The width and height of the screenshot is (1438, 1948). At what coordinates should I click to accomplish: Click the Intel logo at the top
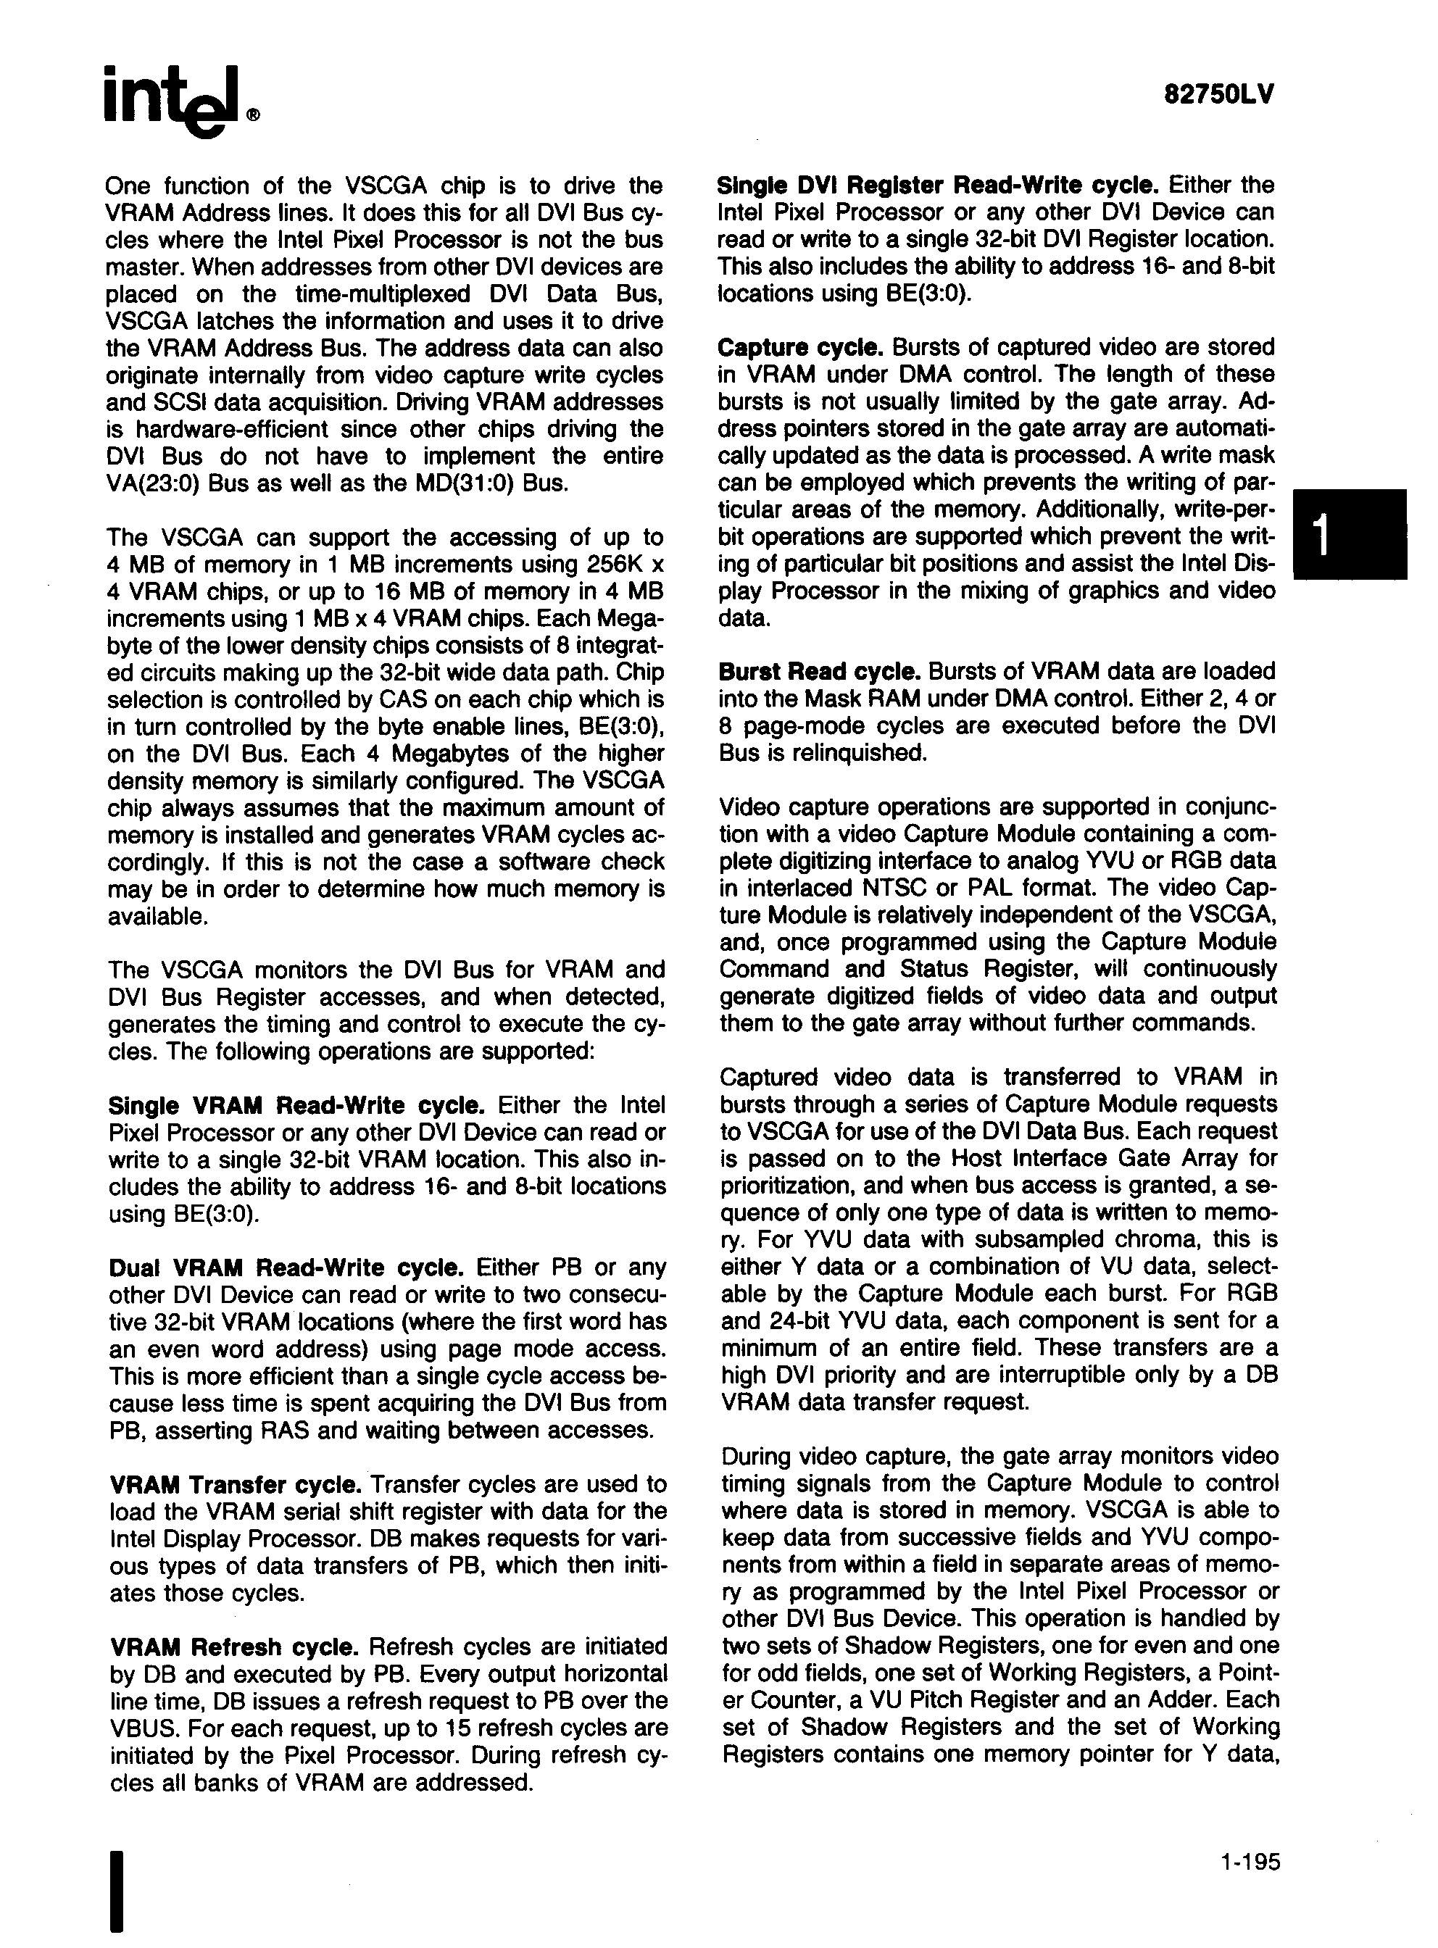(x=178, y=103)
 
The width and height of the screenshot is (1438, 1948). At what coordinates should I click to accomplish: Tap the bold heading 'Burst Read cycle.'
(x=819, y=671)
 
